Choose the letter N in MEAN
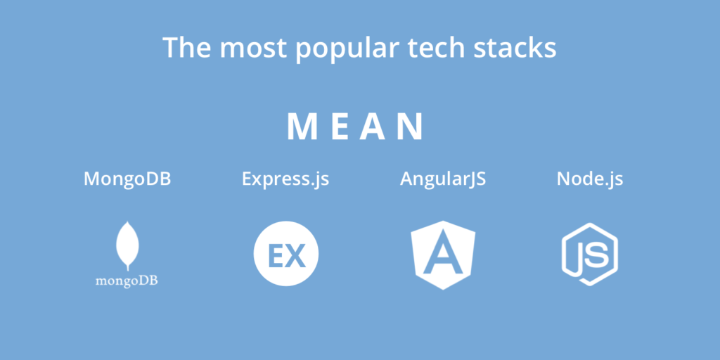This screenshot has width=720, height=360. [x=411, y=127]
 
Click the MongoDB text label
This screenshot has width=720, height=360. [x=127, y=179]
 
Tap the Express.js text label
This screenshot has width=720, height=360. [x=285, y=179]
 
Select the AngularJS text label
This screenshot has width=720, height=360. [x=443, y=179]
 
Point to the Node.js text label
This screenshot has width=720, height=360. [x=590, y=179]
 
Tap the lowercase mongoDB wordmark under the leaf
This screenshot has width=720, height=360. [x=127, y=281]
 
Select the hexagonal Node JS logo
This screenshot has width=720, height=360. [x=590, y=255]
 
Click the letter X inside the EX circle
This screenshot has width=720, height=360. [x=297, y=257]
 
